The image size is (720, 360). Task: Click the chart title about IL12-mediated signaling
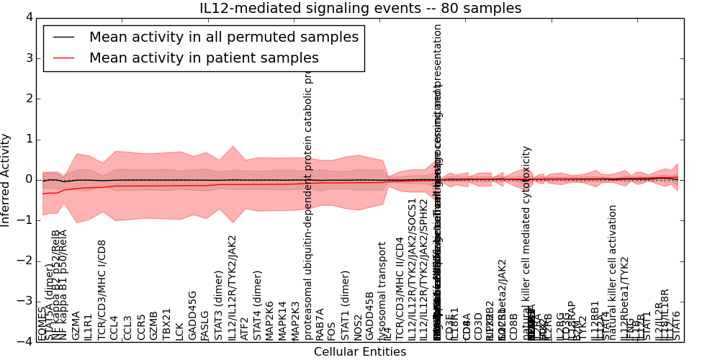pyautogui.click(x=360, y=9)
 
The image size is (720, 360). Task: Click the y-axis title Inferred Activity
pyautogui.click(x=6, y=179)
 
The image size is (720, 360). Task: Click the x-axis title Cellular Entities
pyautogui.click(x=360, y=352)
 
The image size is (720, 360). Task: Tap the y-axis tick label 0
pyautogui.click(x=28, y=179)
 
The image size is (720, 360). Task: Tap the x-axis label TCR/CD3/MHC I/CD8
pyautogui.click(x=102, y=289)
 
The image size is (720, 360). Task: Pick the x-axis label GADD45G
pyautogui.click(x=192, y=315)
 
